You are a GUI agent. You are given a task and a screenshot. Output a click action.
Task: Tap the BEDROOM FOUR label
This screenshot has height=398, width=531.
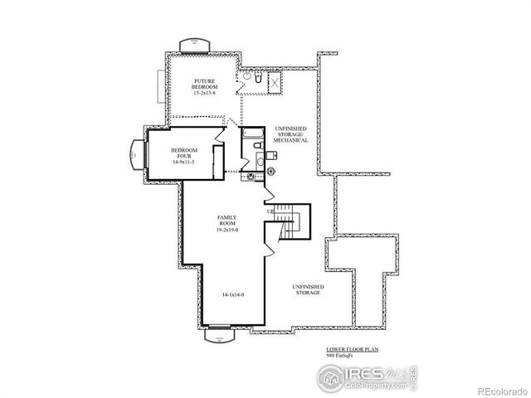pyautogui.click(x=183, y=153)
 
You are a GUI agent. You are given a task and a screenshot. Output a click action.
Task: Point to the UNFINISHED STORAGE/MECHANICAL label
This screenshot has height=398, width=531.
pyautogui.click(x=291, y=135)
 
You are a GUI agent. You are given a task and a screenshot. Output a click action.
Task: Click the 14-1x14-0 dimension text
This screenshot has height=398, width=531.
pyautogui.click(x=233, y=294)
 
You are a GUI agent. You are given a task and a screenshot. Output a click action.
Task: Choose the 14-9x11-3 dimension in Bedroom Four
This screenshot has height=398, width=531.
pyautogui.click(x=183, y=163)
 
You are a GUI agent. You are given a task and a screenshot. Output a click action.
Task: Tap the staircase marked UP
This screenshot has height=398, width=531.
pyautogui.click(x=289, y=222)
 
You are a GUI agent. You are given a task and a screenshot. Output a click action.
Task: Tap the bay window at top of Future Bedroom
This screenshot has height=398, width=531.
pyautogui.click(x=193, y=42)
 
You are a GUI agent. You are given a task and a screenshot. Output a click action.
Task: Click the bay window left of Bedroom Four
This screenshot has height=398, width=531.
pyautogui.click(x=135, y=155)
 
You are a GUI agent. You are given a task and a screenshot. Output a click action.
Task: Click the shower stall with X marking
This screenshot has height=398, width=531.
pyautogui.click(x=273, y=81)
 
